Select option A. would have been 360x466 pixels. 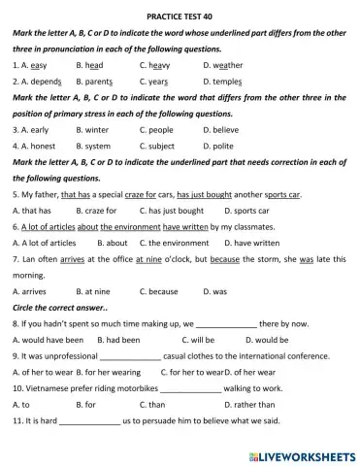pyautogui.click(x=49, y=341)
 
